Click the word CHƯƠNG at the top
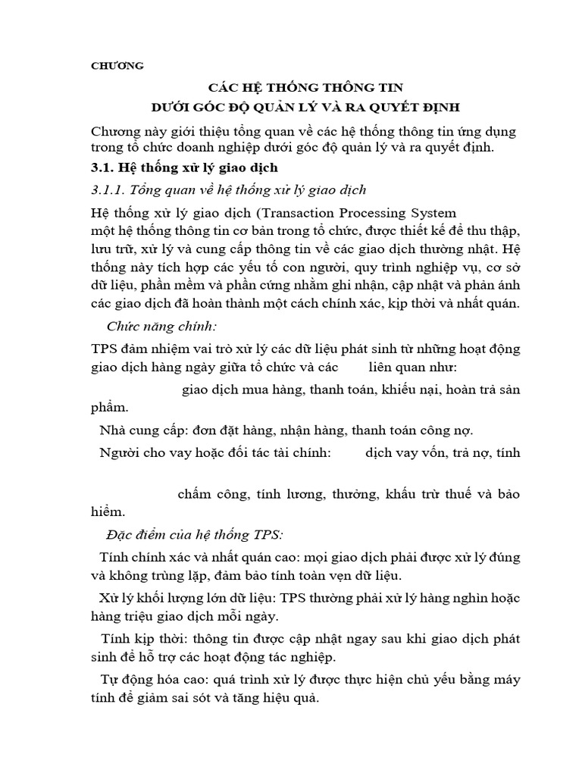[117, 66]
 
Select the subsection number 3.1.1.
[110, 189]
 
